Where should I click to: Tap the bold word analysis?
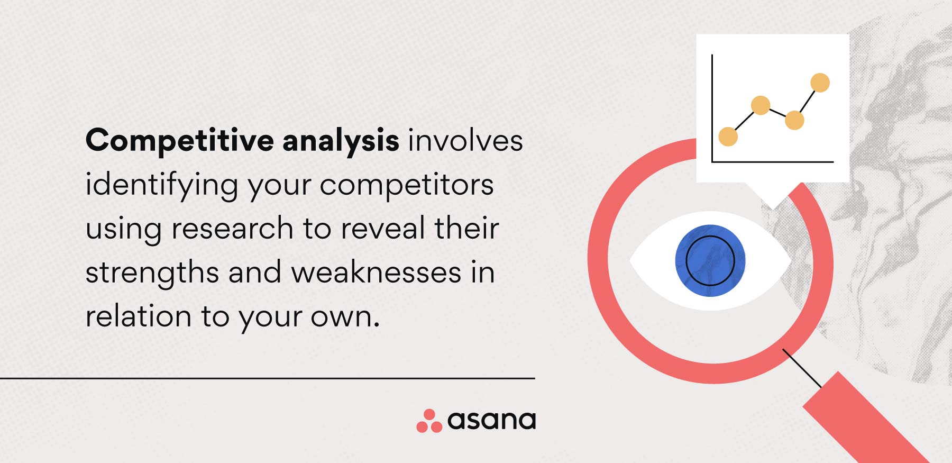(341, 141)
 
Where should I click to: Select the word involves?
(465, 141)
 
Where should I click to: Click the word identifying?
(162, 186)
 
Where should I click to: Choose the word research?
(232, 229)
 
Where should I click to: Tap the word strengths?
(152, 273)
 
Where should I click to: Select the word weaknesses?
(377, 273)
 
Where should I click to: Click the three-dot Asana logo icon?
(429, 421)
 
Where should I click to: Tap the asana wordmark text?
(491, 421)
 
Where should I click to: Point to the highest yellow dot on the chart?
(820, 83)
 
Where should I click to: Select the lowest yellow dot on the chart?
(728, 137)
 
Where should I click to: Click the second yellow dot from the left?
(761, 105)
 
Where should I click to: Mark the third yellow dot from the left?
(794, 120)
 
